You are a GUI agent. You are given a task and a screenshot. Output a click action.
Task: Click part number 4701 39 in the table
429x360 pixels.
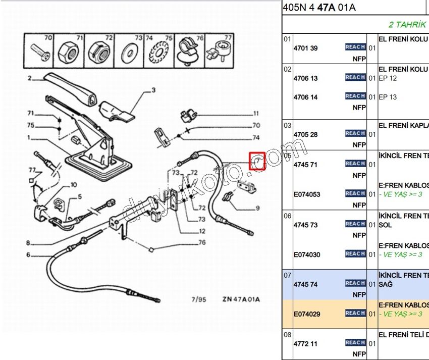[x=305, y=48]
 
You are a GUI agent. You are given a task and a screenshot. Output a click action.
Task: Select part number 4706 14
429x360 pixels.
[x=305, y=97]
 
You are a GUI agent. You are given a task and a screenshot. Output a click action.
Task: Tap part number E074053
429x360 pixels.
[x=306, y=194]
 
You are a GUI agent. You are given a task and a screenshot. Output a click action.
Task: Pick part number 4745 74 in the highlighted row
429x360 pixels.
[x=305, y=284]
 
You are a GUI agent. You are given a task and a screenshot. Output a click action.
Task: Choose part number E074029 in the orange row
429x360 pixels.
[x=306, y=314]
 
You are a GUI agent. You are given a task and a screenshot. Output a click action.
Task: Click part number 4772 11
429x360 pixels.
[x=305, y=344]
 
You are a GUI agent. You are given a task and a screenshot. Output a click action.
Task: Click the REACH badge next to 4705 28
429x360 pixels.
[x=355, y=133]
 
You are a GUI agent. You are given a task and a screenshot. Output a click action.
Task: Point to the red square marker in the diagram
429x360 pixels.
[x=257, y=162]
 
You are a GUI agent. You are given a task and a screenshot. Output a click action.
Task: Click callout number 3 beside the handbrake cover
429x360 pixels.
[x=154, y=91]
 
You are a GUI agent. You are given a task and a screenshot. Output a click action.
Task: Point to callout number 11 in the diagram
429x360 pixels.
[x=256, y=114]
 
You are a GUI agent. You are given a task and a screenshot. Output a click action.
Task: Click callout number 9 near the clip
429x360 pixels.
[x=257, y=208]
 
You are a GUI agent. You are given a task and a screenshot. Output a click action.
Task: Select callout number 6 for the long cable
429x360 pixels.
[x=28, y=254]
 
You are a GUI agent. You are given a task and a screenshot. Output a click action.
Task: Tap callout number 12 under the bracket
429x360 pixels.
[x=202, y=231]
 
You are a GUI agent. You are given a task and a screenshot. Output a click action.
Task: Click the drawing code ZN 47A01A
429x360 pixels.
[x=241, y=299]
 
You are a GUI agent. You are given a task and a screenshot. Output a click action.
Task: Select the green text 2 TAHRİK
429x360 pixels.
[x=407, y=24]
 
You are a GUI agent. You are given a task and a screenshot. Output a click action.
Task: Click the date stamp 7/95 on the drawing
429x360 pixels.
[x=199, y=299]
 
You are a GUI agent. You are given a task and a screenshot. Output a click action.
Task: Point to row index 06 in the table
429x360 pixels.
[x=287, y=215]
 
